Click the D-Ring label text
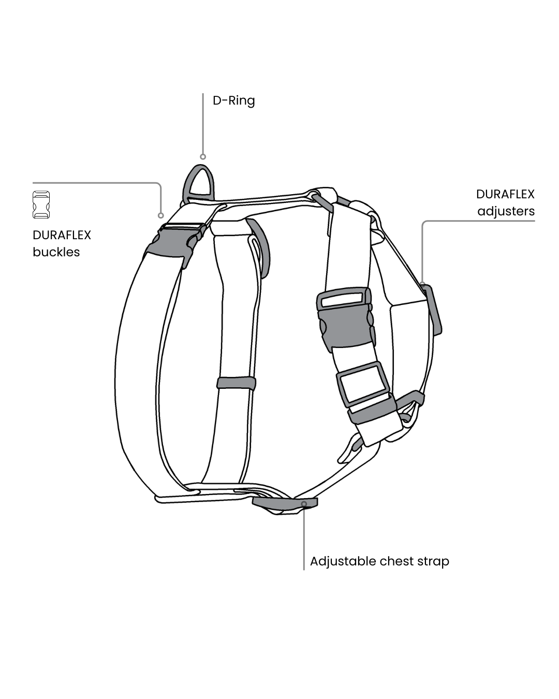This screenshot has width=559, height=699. (x=233, y=100)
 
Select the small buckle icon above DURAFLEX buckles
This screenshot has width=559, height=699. (x=41, y=205)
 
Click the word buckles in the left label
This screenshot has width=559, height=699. (x=56, y=252)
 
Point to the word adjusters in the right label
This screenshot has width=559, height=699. (x=506, y=211)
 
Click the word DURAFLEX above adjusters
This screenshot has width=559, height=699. (x=505, y=194)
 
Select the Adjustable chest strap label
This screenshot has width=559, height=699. (x=379, y=561)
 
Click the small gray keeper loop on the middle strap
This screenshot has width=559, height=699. (x=236, y=383)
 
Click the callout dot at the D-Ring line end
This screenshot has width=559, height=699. (x=203, y=156)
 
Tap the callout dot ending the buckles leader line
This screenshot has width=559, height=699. (x=161, y=215)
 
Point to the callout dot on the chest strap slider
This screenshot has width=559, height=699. (x=304, y=503)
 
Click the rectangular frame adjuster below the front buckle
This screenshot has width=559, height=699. (x=363, y=385)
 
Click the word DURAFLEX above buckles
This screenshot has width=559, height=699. (x=62, y=235)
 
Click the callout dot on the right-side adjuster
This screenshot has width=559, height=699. (x=422, y=284)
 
